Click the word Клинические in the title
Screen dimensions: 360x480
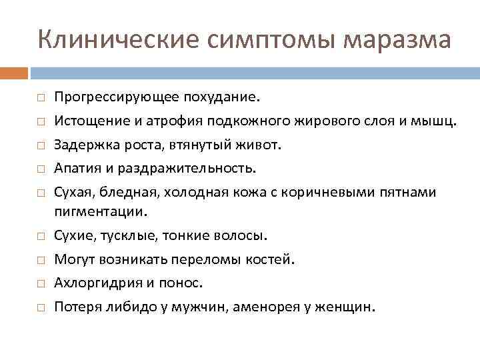pyautogui.click(x=116, y=39)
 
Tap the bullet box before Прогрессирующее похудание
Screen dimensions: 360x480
pyautogui.click(x=41, y=99)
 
